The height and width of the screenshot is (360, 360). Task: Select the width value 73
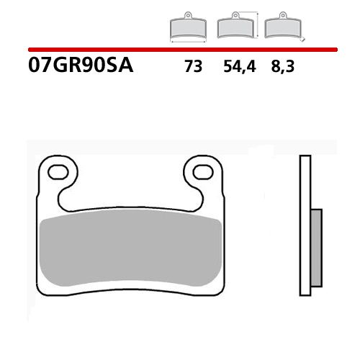(192, 68)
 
